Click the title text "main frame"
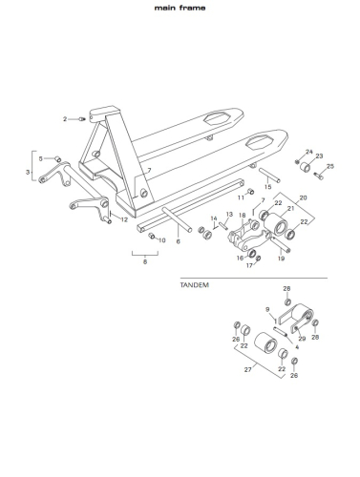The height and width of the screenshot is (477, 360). coord(180,8)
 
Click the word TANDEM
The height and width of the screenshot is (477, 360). coord(195,285)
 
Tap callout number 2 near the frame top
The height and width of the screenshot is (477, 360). coord(65,119)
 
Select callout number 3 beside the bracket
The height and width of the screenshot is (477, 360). coord(28,172)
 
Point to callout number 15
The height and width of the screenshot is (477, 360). coord(268,187)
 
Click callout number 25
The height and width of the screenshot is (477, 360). coord(330,166)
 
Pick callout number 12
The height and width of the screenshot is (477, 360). coord(124,219)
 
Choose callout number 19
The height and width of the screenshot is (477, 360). coord(281,259)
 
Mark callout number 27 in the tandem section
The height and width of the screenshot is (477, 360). coord(247,369)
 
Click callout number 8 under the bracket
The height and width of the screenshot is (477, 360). coord(145,262)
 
